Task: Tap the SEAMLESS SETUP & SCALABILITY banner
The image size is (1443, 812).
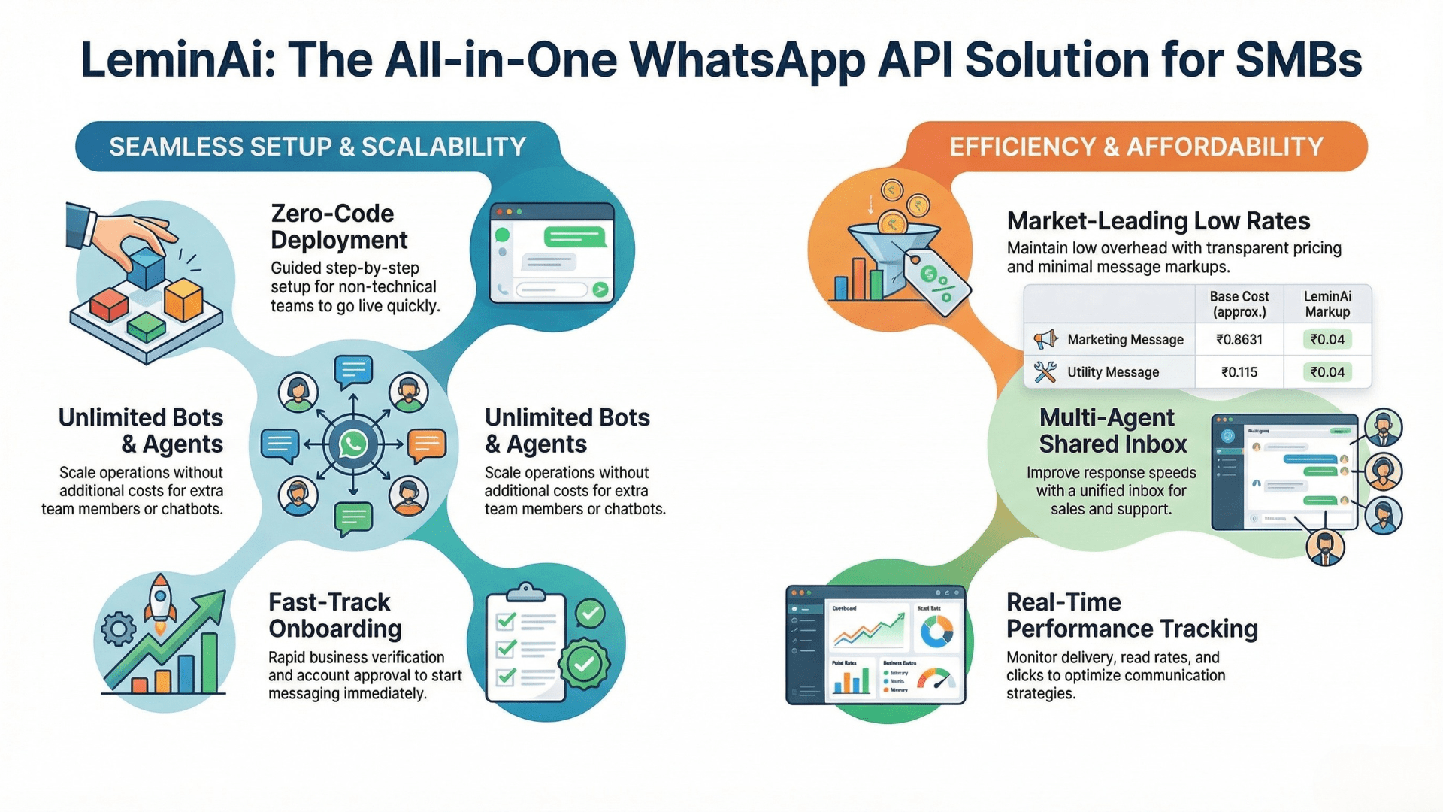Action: [317, 147]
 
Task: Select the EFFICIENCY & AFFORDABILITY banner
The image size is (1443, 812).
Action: [1136, 147]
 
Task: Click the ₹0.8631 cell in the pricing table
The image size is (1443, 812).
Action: [1239, 340]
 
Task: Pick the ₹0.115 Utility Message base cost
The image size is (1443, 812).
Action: [1239, 372]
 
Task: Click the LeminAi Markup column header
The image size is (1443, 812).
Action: [1327, 304]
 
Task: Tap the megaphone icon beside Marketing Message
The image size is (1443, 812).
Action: [1045, 340]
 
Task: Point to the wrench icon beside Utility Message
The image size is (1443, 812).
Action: [1045, 372]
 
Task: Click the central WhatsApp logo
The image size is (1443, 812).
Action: [352, 444]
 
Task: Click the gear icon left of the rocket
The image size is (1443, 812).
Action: [119, 629]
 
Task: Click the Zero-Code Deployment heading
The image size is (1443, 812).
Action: [338, 226]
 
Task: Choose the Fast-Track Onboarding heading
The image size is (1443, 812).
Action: [334, 615]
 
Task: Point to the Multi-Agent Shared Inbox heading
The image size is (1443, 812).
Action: [1112, 431]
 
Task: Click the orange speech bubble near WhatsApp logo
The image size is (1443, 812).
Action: [426, 445]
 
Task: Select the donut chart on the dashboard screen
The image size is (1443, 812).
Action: [936, 632]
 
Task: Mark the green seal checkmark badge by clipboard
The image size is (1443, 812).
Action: [584, 664]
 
